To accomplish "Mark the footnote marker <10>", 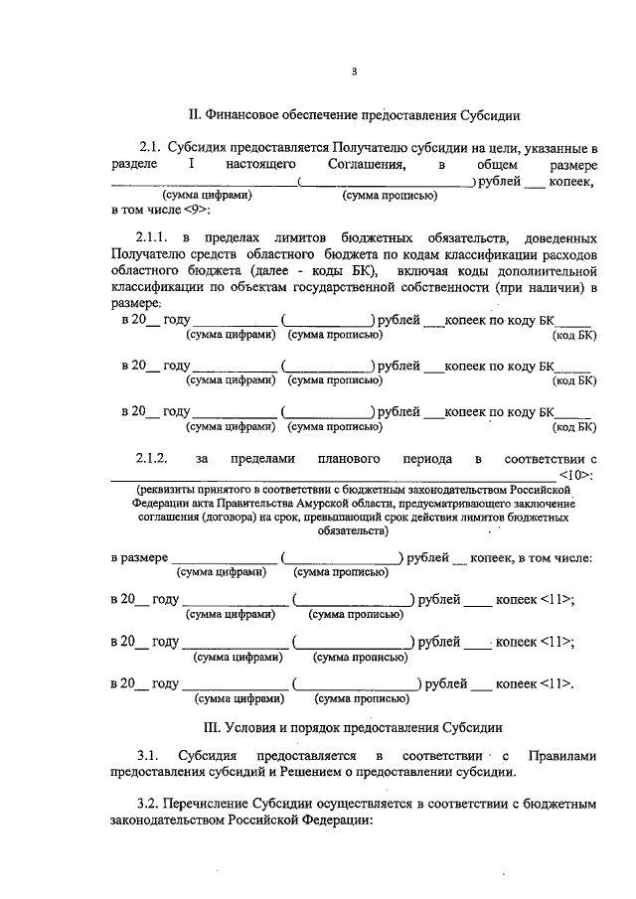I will [x=576, y=475].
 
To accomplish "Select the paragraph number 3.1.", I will [x=148, y=755].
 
